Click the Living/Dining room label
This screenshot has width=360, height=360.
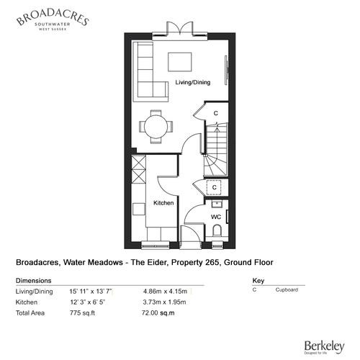(193, 83)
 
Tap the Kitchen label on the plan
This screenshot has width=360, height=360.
(163, 203)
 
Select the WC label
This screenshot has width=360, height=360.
(216, 217)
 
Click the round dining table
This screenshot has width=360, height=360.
(156, 127)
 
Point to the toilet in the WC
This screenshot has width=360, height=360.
(217, 230)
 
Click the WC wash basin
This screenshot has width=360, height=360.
(217, 204)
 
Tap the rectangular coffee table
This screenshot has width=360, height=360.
(180, 62)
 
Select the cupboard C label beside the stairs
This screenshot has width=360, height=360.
(216, 113)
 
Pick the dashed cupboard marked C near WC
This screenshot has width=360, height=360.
(215, 187)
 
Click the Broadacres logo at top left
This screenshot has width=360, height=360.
(53, 20)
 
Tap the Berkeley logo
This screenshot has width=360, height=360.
(325, 347)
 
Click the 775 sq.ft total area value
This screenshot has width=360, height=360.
(82, 313)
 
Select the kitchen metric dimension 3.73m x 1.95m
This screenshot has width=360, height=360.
(164, 302)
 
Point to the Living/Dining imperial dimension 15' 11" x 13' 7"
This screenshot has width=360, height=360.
(91, 292)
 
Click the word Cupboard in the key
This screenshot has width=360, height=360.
(287, 290)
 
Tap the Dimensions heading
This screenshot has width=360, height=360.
(34, 281)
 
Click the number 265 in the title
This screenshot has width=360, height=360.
(212, 262)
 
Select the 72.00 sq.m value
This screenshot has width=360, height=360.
(158, 313)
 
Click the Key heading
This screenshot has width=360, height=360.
(258, 281)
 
